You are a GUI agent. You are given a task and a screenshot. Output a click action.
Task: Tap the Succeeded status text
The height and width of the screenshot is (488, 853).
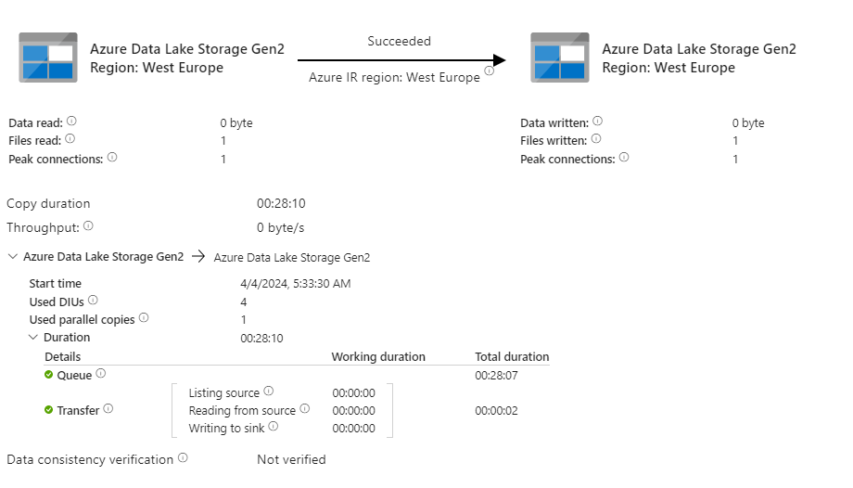click(399, 41)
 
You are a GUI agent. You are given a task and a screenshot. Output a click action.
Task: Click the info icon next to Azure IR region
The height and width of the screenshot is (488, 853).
click(489, 71)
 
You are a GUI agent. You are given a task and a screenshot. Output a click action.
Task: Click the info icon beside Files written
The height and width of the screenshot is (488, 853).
click(595, 139)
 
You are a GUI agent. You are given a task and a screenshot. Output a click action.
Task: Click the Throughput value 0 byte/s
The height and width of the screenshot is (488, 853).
click(280, 226)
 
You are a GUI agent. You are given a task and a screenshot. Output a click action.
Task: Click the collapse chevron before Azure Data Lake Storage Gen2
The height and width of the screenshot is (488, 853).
click(12, 257)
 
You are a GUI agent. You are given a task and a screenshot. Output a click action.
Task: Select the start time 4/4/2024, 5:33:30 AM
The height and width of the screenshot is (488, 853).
click(295, 283)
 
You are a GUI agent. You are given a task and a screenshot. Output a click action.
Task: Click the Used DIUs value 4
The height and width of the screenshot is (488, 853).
click(244, 302)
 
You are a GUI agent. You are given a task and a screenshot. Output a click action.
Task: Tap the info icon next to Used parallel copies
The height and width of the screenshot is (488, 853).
click(144, 318)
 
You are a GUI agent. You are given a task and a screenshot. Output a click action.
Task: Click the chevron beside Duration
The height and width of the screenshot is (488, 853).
click(33, 338)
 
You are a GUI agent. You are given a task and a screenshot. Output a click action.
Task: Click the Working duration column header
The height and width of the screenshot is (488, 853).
click(378, 356)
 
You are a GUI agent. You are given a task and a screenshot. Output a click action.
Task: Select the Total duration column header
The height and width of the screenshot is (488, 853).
click(512, 356)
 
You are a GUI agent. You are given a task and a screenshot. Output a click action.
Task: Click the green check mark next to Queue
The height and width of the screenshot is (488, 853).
click(49, 375)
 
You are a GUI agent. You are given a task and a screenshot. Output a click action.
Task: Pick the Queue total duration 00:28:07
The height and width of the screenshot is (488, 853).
click(495, 375)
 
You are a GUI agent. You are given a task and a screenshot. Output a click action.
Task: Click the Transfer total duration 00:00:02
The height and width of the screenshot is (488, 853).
click(495, 410)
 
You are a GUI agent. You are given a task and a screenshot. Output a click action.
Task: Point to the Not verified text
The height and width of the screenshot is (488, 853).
click(291, 459)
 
